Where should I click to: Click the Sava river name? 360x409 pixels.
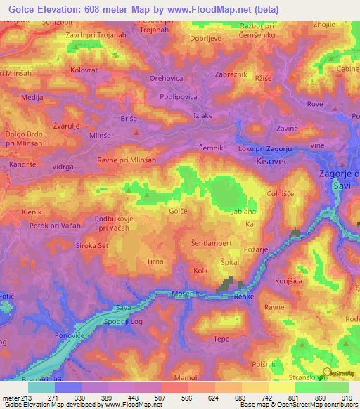tap(124, 308)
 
